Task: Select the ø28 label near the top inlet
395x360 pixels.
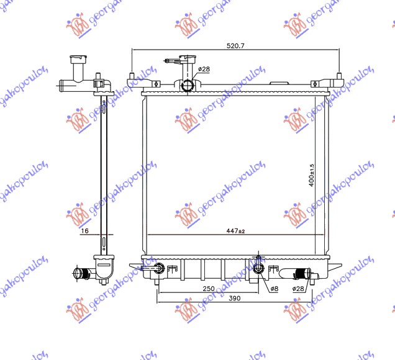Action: click(204, 70)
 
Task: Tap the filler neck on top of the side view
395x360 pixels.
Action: click(78, 64)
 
